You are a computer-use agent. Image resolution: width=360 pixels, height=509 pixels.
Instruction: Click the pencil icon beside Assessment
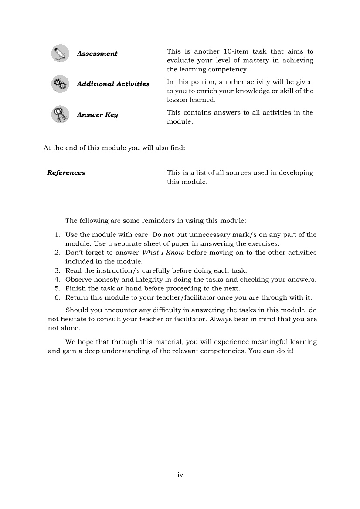60,54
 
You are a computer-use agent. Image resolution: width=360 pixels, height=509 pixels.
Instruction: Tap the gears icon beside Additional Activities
60,84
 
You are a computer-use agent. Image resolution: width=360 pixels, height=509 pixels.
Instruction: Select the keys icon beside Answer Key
60,115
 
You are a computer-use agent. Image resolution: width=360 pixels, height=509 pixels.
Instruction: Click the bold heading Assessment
97,54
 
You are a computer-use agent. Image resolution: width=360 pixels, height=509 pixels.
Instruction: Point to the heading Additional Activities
113,84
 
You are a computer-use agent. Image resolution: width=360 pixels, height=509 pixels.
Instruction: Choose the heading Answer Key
97,115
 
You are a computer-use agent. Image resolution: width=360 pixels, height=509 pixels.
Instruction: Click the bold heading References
66,173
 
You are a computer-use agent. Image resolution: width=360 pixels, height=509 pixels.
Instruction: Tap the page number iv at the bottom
180,475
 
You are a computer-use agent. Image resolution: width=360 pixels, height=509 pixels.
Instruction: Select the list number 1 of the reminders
58,235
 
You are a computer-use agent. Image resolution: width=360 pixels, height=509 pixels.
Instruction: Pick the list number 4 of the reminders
58,280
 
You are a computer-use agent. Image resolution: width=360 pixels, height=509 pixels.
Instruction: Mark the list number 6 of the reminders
58,298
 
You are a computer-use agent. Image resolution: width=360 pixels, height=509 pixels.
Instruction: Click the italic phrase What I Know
163,253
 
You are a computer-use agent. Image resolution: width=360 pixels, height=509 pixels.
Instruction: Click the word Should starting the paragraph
76,310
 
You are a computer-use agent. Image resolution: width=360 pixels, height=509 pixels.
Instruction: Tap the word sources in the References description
237,173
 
